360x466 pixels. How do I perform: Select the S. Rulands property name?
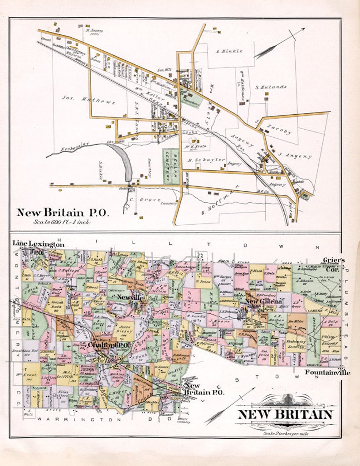click(271, 87)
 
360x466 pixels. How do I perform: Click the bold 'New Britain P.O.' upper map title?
click(63, 212)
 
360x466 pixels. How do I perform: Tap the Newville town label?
click(130, 297)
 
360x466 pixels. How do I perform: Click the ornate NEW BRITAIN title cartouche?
click(285, 414)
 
